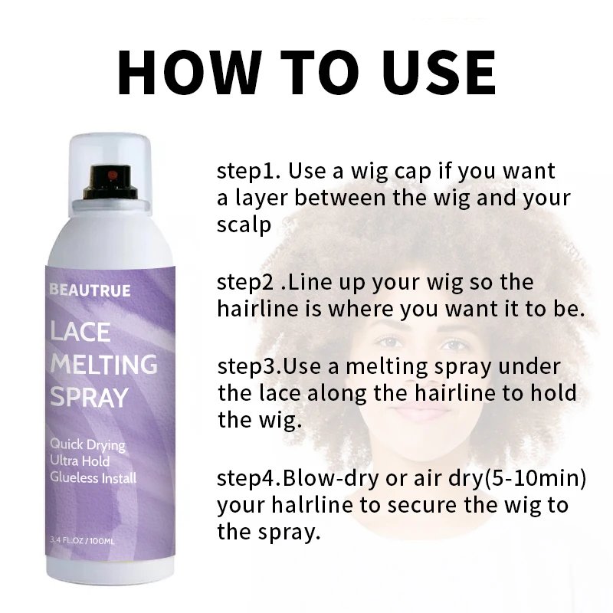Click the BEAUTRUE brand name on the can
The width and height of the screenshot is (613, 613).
pyautogui.click(x=90, y=290)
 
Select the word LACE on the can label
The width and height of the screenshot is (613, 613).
pyautogui.click(x=80, y=333)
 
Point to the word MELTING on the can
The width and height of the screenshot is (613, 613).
pyautogui.click(x=103, y=365)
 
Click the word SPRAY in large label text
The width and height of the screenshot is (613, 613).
pyautogui.click(x=89, y=398)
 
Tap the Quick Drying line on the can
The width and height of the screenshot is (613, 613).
pyautogui.click(x=87, y=444)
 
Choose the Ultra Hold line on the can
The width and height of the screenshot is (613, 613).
pyautogui.click(x=80, y=461)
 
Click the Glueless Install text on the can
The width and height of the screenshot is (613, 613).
pyautogui.click(x=93, y=478)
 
